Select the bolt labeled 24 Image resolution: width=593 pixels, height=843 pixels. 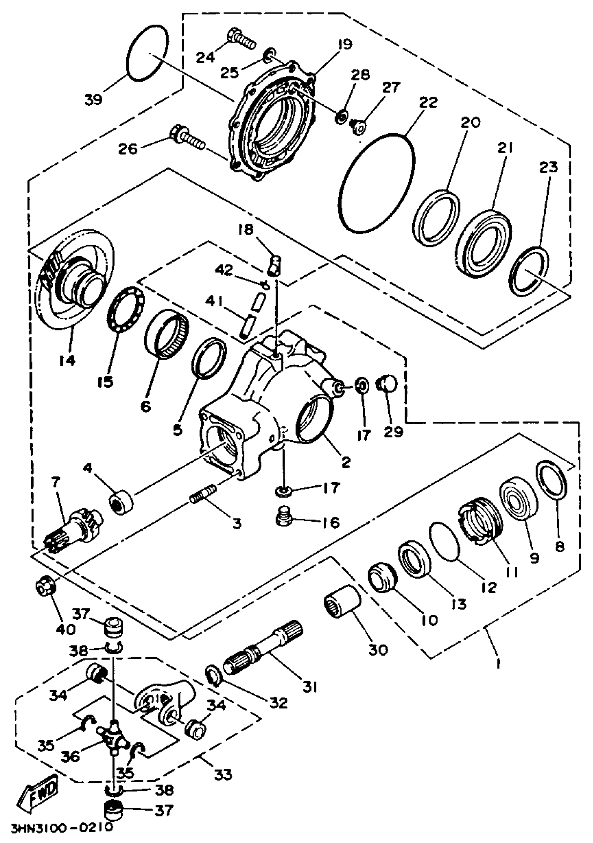240,39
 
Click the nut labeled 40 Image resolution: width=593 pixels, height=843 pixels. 45,588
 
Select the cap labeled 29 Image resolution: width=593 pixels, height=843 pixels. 388,383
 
